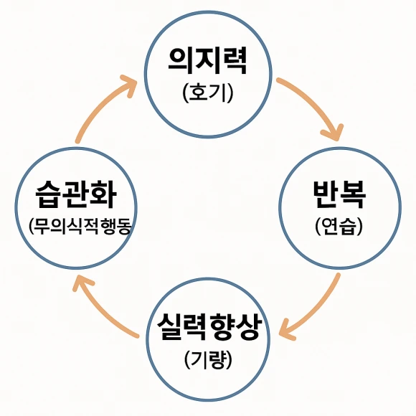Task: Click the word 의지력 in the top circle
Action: click(208, 61)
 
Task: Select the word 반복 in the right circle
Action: click(339, 194)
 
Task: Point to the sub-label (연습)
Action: click(339, 227)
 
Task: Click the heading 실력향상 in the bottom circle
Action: click(208, 327)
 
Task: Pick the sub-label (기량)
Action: click(208, 359)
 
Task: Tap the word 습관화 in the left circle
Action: click(76, 194)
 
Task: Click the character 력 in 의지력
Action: click(234, 61)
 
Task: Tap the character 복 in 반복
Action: click(353, 194)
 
